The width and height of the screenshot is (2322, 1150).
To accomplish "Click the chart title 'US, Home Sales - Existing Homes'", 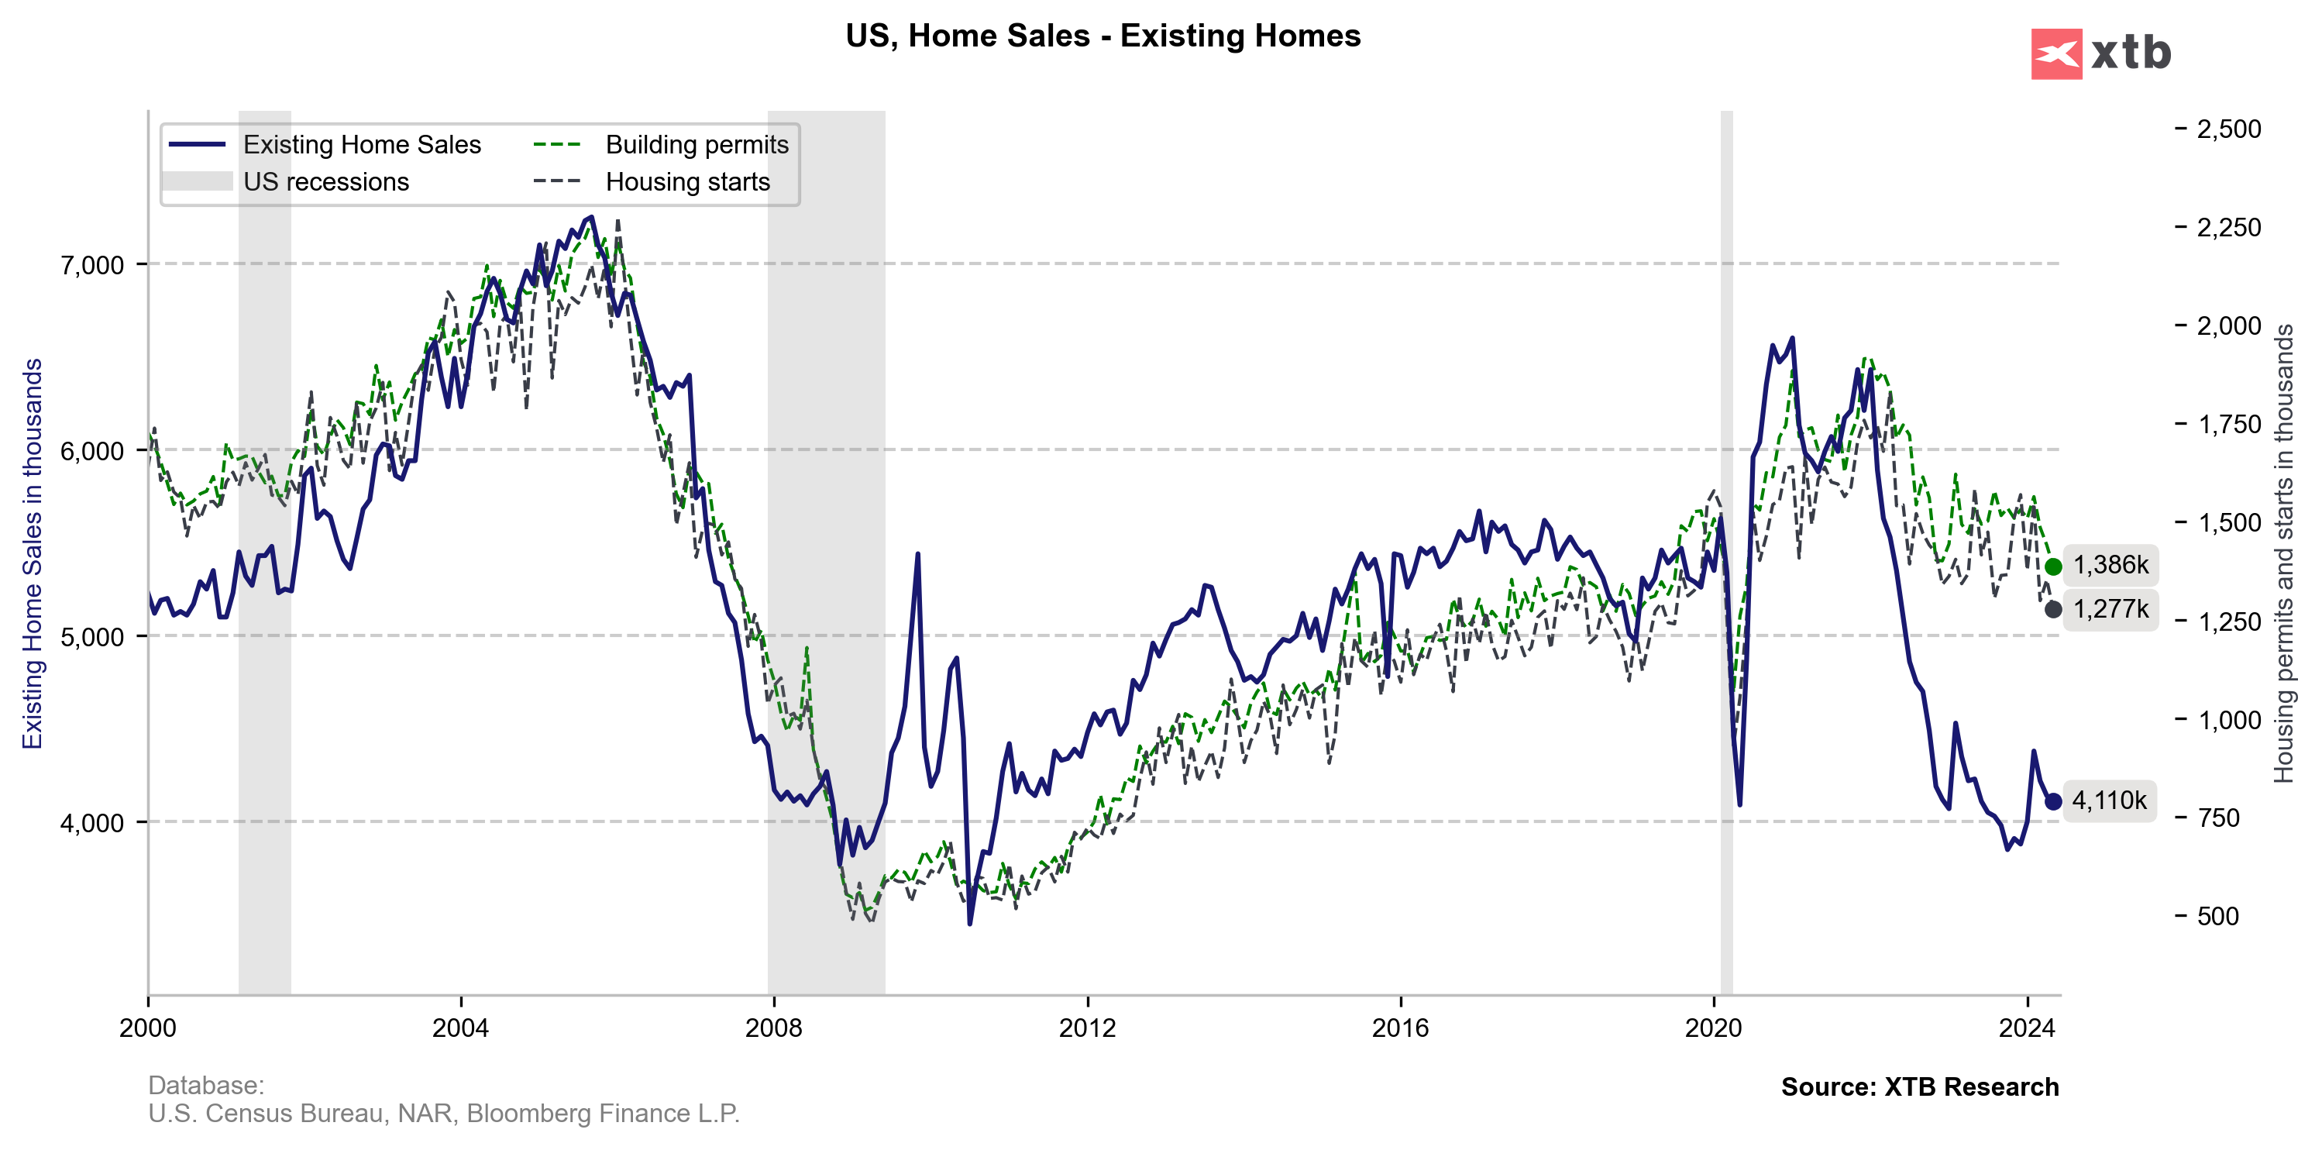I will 1103,36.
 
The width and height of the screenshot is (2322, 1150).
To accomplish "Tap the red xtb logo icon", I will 2055,54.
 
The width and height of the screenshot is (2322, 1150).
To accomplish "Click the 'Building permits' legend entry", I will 696,144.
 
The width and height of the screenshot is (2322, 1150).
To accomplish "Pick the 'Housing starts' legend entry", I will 687,182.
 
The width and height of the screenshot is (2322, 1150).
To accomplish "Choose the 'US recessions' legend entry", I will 325,182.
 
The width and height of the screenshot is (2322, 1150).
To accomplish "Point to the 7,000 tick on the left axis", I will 92,265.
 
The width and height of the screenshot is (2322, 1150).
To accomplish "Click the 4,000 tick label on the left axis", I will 92,823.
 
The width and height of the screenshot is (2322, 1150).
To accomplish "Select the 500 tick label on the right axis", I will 2217,917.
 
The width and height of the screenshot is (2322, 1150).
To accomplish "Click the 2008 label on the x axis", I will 773,1028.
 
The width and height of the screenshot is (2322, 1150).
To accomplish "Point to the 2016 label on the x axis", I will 1400,1028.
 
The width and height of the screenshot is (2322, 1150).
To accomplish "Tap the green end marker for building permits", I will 2053,567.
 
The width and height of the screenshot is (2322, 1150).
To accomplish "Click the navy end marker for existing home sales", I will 2053,801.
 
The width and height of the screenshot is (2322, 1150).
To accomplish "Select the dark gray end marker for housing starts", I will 2053,610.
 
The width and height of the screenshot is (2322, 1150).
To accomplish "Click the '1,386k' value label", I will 2110,565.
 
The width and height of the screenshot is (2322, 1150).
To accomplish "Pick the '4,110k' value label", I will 2109,801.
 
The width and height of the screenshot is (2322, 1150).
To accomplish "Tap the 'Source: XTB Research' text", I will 1919,1087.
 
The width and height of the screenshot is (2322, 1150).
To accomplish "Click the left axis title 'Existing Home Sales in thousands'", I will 33,553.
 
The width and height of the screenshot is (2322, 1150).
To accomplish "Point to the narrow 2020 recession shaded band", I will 1726,541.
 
